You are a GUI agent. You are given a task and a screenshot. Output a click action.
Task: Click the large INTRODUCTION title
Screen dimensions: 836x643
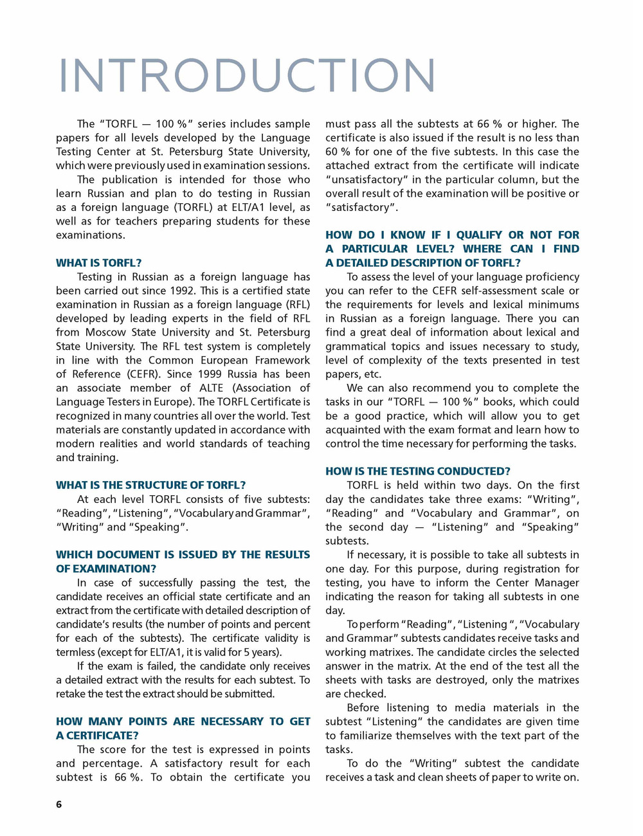click(247, 76)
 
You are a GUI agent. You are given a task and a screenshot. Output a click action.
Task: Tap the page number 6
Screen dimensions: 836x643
click(59, 804)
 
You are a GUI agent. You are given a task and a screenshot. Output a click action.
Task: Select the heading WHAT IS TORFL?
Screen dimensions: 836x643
click(98, 263)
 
